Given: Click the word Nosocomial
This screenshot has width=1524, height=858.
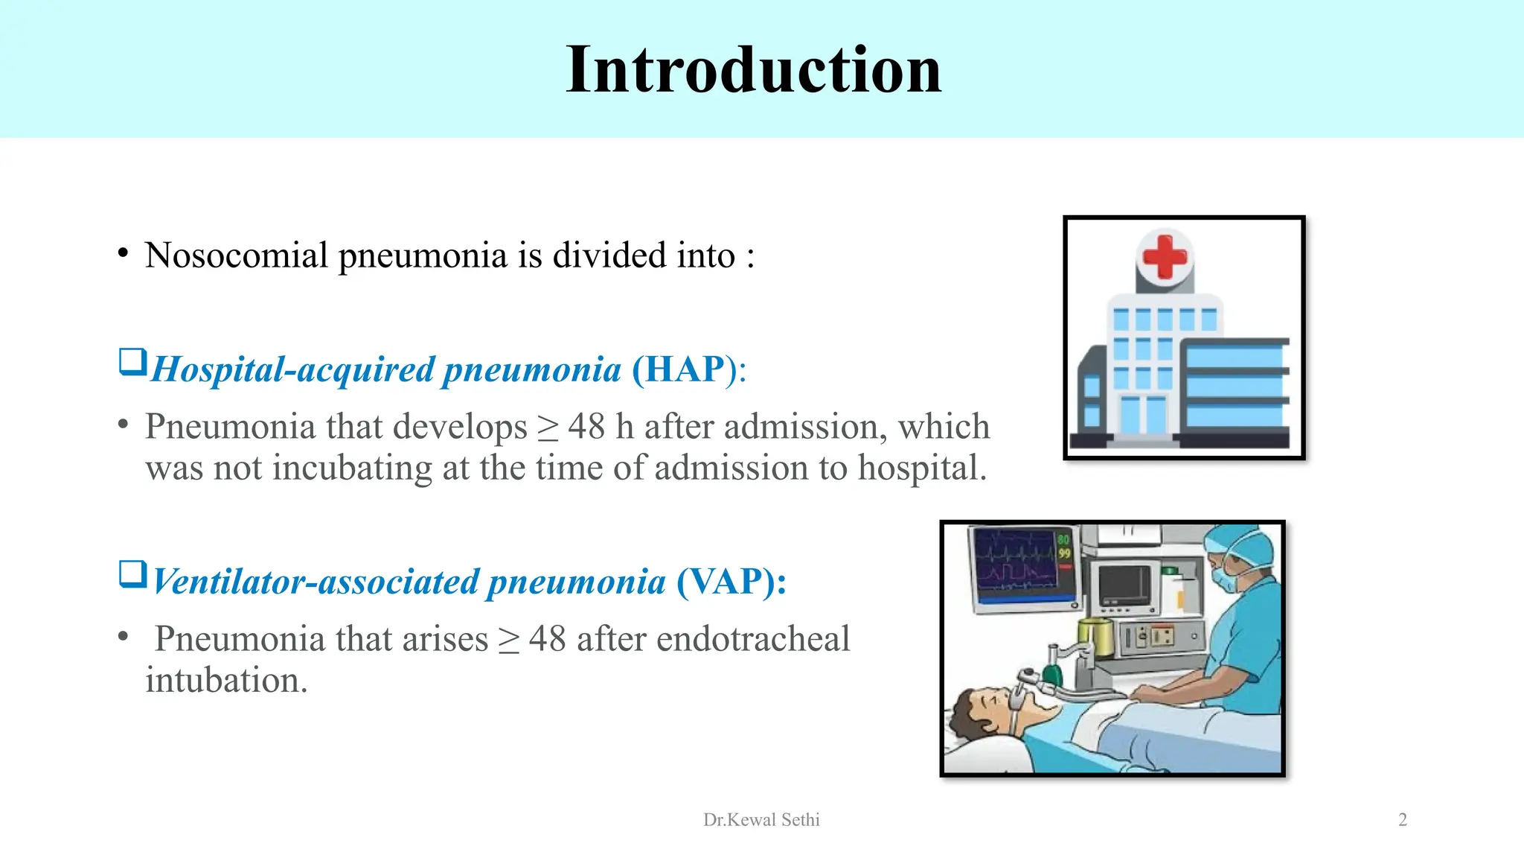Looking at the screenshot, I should tap(236, 255).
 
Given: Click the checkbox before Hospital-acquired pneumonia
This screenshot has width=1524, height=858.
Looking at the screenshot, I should tap(132, 363).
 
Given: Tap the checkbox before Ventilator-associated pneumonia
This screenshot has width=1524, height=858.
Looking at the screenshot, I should tap(132, 575).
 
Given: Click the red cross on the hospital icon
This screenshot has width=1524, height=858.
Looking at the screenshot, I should tap(1165, 257).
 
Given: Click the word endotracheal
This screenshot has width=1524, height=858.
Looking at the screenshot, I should tap(752, 639).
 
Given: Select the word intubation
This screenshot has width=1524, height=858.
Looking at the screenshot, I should tap(225, 681).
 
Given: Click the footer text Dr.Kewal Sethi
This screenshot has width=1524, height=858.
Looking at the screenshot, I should tap(761, 820).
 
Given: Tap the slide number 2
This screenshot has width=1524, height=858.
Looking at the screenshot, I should tap(1402, 820).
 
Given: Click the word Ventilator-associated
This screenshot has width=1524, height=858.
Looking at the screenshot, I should tap(315, 582).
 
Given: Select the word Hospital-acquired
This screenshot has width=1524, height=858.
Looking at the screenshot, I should tap(292, 369).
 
